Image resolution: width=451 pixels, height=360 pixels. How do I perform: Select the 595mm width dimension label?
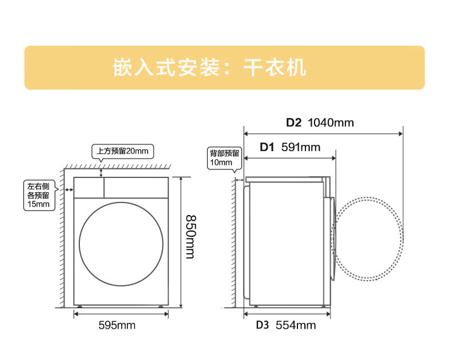tap(117, 325)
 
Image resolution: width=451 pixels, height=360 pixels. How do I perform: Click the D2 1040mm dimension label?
tap(320, 123)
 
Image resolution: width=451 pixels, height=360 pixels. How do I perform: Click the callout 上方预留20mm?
tap(122, 151)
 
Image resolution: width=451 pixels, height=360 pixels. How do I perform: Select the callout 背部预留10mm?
tap(225, 157)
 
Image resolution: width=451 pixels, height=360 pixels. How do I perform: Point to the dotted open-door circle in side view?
tap(368, 239)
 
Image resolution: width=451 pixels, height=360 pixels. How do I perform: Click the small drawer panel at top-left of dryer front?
tap(89, 187)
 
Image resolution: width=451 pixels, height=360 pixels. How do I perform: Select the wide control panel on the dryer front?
tap(136, 187)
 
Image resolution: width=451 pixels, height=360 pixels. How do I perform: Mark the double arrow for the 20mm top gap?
tap(102, 172)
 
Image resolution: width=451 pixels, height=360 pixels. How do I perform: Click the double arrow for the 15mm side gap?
tap(69, 189)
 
